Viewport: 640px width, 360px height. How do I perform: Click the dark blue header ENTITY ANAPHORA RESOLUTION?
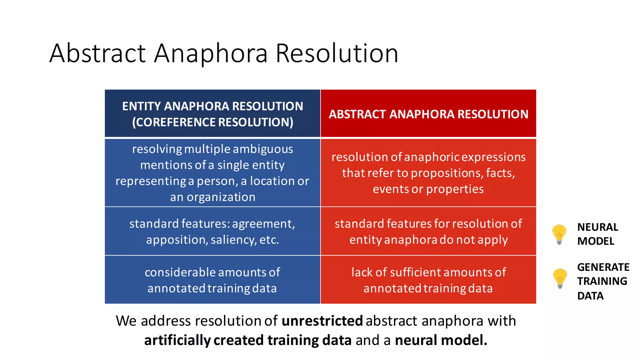tap(212, 106)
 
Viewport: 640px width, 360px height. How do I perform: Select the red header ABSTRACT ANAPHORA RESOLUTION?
tap(428, 114)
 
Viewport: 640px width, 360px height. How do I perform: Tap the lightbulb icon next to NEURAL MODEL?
tap(559, 234)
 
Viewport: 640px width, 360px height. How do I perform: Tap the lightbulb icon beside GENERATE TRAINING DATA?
tap(560, 278)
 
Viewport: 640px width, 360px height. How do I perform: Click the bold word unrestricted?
tap(322, 321)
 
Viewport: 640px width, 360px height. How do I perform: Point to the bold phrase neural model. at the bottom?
tap(441, 340)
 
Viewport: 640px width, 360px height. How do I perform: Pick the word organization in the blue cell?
tap(221, 197)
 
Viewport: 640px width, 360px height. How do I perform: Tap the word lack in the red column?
tap(362, 272)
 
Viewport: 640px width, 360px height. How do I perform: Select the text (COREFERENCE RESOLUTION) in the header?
tap(212, 122)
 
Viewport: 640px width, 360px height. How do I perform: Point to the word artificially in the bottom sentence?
tap(177, 340)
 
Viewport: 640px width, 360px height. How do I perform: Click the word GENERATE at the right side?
tap(603, 267)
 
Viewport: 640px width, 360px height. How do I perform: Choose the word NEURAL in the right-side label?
tap(597, 227)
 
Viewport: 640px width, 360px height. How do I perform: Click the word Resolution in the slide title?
tap(337, 54)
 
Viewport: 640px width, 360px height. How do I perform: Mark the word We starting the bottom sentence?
tap(126, 321)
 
